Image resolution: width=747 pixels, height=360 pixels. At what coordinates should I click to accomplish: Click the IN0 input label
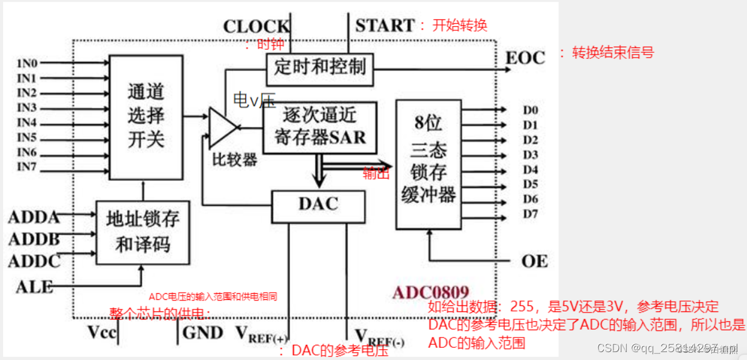(x=27, y=63)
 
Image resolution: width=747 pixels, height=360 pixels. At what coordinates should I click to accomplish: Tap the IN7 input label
(x=27, y=167)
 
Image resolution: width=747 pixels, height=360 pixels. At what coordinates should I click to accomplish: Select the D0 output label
(x=531, y=110)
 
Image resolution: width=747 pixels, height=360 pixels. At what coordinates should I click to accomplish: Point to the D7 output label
(x=531, y=214)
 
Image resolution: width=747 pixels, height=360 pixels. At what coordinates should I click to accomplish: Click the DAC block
(x=319, y=205)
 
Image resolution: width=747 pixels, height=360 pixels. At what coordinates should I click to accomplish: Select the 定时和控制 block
(x=320, y=67)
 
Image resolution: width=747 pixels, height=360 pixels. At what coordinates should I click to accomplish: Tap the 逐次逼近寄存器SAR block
(x=320, y=126)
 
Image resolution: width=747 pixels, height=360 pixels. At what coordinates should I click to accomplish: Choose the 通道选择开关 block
(x=146, y=117)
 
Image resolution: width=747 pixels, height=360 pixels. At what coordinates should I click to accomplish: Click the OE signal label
(x=534, y=262)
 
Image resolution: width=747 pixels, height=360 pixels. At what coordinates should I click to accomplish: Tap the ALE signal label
(x=35, y=287)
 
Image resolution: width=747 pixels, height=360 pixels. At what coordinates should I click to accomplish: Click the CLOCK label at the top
(x=256, y=27)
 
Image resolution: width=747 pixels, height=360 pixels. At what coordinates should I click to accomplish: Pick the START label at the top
(x=385, y=25)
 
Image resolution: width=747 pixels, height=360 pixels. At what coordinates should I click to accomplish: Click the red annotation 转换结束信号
(x=613, y=53)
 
